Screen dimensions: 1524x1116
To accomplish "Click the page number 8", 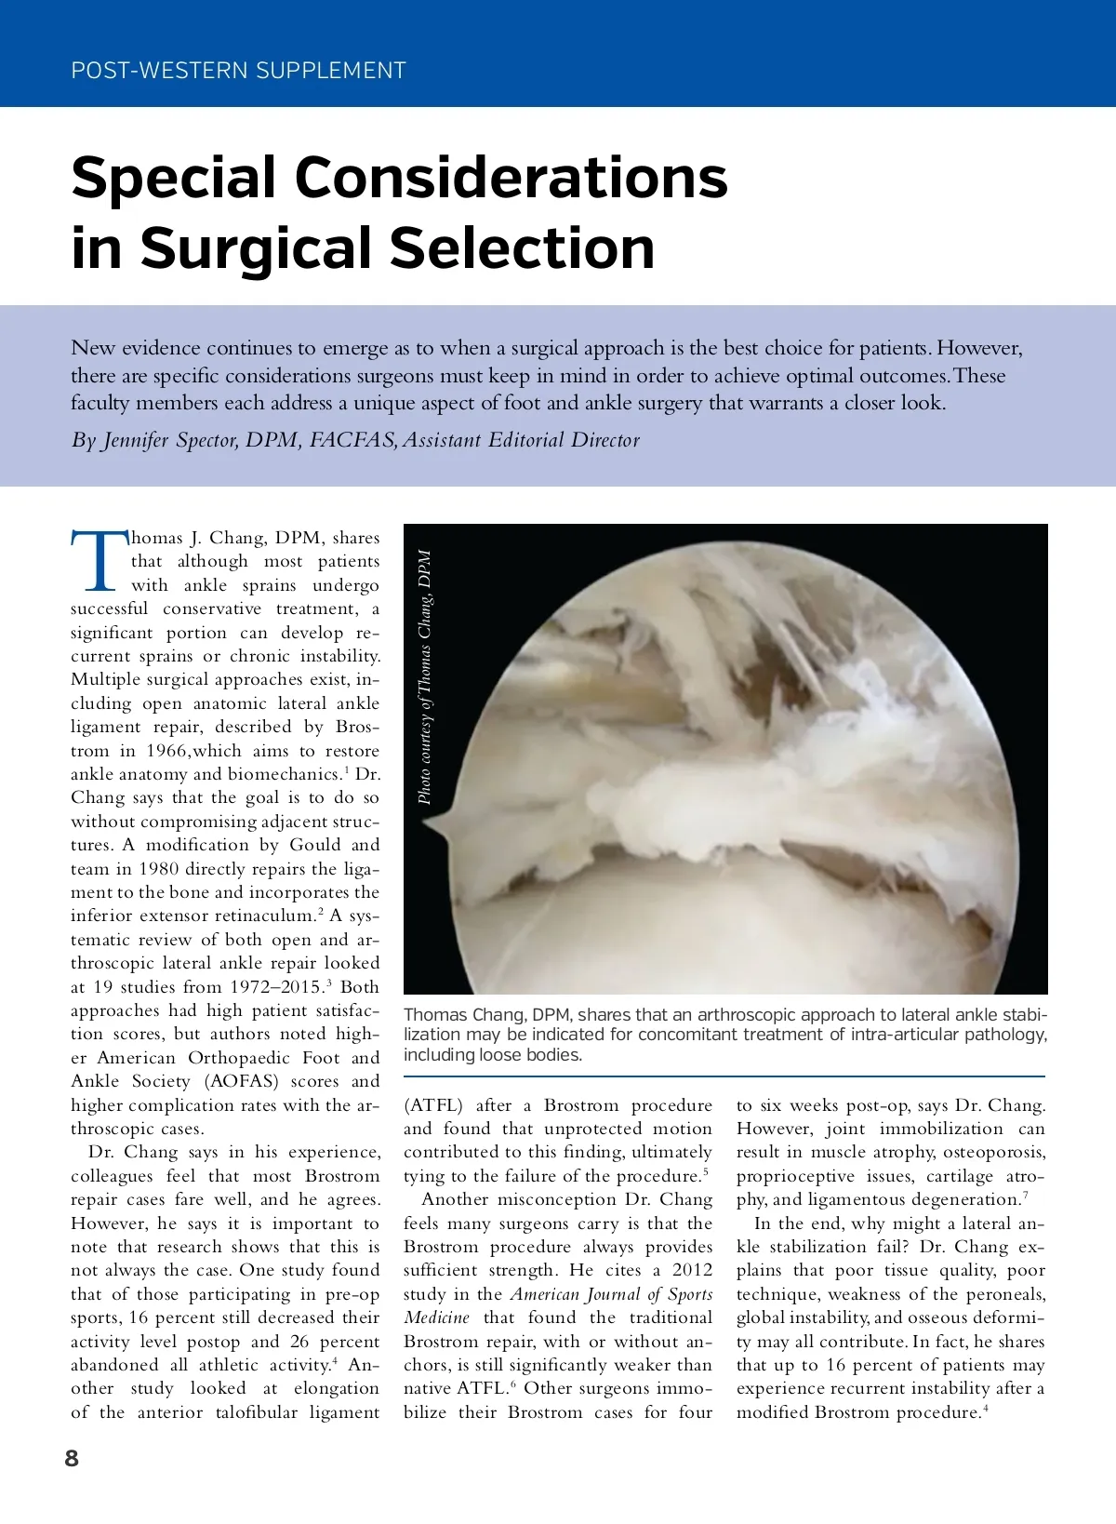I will click(72, 1458).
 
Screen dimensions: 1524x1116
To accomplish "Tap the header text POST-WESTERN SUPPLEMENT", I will click(238, 71).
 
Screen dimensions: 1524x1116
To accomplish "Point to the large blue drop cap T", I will click(99, 561).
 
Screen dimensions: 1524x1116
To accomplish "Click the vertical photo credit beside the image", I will click(424, 676).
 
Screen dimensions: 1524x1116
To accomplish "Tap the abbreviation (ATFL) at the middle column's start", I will click(433, 1105).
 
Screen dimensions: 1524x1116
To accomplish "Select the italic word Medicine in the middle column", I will click(436, 1317).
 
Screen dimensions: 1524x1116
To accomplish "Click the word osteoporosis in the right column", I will click(994, 1152).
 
